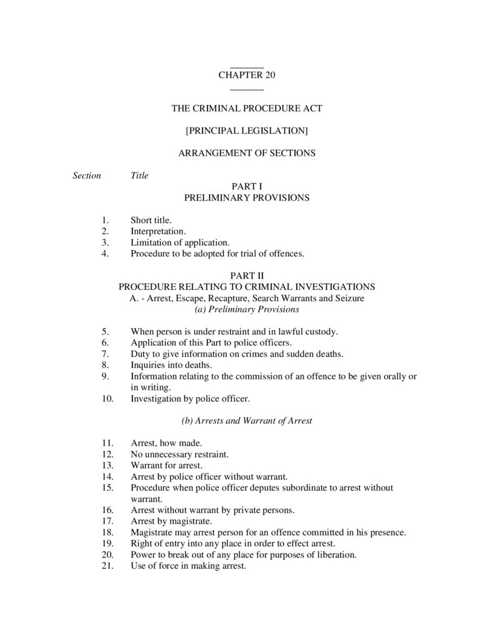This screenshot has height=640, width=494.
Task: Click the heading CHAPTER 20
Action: [247, 76]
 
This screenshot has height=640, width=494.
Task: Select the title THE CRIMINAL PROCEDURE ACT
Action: [247, 108]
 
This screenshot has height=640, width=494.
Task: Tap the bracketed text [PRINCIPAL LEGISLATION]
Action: [247, 131]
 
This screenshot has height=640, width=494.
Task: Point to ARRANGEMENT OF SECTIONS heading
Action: [247, 153]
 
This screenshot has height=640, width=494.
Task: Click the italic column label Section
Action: [87, 176]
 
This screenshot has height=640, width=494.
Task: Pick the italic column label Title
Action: [139, 176]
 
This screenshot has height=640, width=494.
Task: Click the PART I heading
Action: [247, 186]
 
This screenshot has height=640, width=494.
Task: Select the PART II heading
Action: [247, 276]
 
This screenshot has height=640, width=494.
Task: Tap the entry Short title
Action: [151, 220]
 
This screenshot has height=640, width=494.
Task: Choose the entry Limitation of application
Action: [180, 242]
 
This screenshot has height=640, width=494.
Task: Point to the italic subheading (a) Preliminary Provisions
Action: [247, 309]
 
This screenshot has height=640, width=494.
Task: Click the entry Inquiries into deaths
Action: [171, 365]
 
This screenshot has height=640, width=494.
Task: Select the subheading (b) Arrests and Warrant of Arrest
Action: [247, 421]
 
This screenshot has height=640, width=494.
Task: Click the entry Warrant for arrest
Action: [166, 466]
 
